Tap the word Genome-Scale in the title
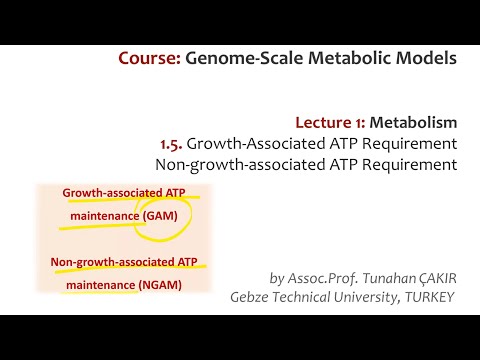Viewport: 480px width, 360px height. tap(238, 58)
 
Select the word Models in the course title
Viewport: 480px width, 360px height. tap(424, 58)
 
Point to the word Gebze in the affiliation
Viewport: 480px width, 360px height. tap(252, 297)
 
